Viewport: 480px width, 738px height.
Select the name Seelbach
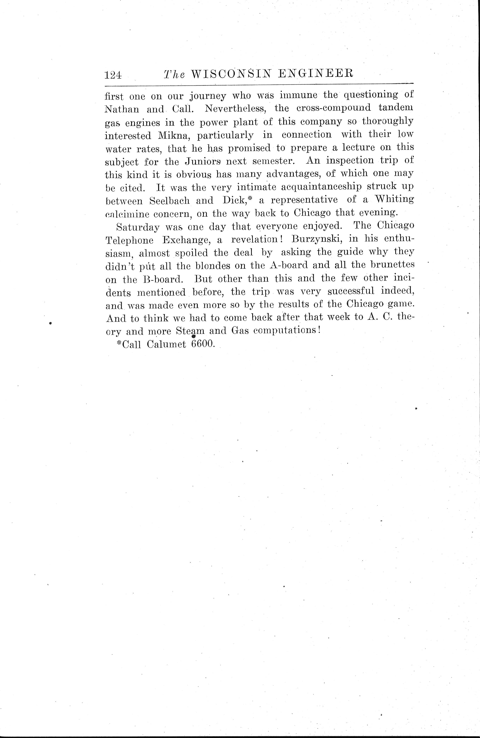[169, 201]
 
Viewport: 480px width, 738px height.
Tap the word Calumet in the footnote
[166, 344]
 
